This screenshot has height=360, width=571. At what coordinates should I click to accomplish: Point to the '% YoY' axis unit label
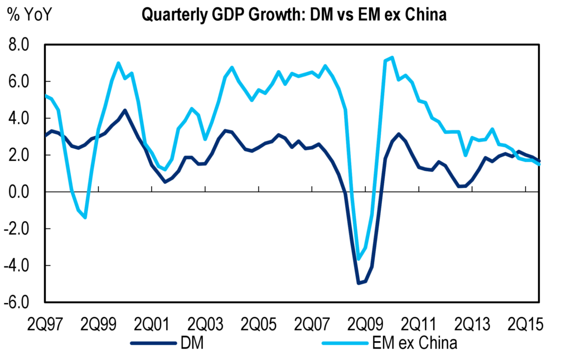tap(30, 13)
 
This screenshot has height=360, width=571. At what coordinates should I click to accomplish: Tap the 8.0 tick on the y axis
tap(23, 45)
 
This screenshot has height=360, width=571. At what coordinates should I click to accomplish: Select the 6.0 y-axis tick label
tap(23, 82)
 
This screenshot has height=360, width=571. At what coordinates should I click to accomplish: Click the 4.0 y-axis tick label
tap(23, 119)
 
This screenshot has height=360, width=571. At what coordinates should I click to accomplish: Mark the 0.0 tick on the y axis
tap(23, 192)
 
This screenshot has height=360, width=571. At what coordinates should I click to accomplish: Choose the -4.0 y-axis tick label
tap(21, 265)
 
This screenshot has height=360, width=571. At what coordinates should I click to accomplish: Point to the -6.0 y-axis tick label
tap(21, 302)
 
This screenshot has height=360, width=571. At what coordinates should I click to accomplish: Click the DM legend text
tap(191, 343)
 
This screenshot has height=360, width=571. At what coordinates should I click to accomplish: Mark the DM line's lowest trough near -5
tap(359, 283)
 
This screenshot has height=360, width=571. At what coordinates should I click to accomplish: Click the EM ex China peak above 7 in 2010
tap(392, 57)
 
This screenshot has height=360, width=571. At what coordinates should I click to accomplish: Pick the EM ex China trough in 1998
tap(85, 217)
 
